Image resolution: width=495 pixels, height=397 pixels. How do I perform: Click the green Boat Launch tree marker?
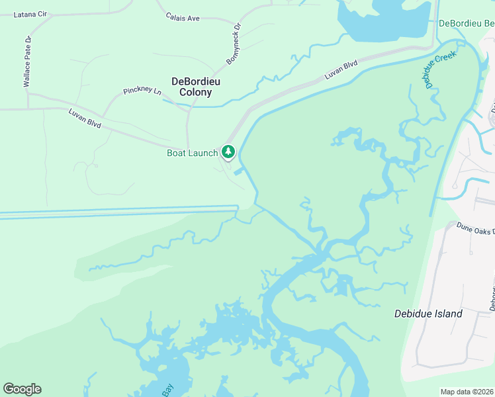pyautogui.click(x=228, y=152)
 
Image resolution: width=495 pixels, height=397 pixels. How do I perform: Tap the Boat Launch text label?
pyautogui.click(x=192, y=154)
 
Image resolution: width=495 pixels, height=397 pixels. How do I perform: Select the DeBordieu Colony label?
pyautogui.click(x=196, y=87)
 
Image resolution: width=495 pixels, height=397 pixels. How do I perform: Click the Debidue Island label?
pyautogui.click(x=428, y=314)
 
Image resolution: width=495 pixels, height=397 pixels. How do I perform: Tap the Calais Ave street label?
pyautogui.click(x=183, y=18)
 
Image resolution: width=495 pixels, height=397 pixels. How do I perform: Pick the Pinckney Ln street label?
pyautogui.click(x=142, y=90)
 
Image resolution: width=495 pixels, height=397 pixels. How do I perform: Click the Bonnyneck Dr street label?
pyautogui.click(x=234, y=44)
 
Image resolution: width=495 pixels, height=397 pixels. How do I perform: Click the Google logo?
pyautogui.click(x=22, y=389)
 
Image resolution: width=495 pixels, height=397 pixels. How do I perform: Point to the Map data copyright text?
pyautogui.click(x=466, y=392)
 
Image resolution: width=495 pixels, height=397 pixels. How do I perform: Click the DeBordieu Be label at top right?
pyautogui.click(x=467, y=24)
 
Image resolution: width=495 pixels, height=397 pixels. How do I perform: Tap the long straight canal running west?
pyautogui.click(x=119, y=214)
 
